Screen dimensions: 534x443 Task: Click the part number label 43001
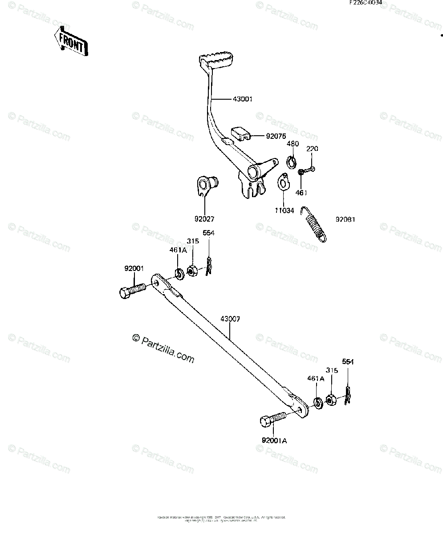point(243,99)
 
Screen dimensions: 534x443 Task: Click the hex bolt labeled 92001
point(132,290)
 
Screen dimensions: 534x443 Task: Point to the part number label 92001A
point(274,441)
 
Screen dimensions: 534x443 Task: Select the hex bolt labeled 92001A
point(272,418)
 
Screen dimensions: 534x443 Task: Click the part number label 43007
point(230,319)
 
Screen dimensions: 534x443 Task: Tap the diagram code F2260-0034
point(365,3)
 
